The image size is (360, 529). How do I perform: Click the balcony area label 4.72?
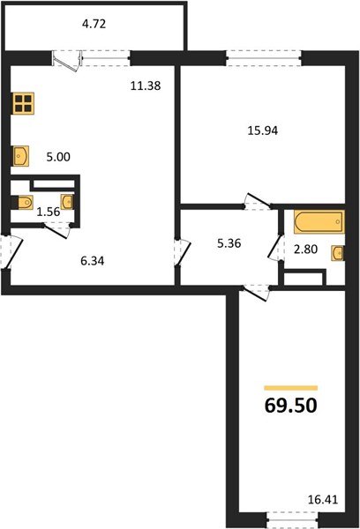[x=94, y=25]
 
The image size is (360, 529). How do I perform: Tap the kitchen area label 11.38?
[x=146, y=86]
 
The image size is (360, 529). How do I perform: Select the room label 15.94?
[x=263, y=130]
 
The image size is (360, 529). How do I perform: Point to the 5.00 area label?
[x=58, y=157]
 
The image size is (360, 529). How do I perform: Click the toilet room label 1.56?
[x=49, y=212]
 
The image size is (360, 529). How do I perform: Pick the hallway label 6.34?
[x=93, y=261]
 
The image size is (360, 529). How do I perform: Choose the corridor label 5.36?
[x=229, y=243]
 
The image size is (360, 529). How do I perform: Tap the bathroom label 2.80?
[x=305, y=250]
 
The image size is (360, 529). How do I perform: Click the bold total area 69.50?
[x=291, y=406]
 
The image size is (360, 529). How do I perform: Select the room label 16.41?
[x=323, y=499]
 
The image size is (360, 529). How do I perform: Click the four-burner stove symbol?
[x=23, y=103]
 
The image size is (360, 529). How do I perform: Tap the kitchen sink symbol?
[x=21, y=156]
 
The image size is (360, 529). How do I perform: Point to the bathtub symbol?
[x=319, y=221]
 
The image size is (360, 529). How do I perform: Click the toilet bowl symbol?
[x=23, y=203]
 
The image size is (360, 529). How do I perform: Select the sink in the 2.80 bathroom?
[x=338, y=253]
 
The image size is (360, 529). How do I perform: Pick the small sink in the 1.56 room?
[x=67, y=202]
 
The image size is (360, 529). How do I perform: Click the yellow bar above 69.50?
[x=291, y=388]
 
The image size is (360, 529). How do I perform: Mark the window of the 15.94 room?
[x=264, y=58]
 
